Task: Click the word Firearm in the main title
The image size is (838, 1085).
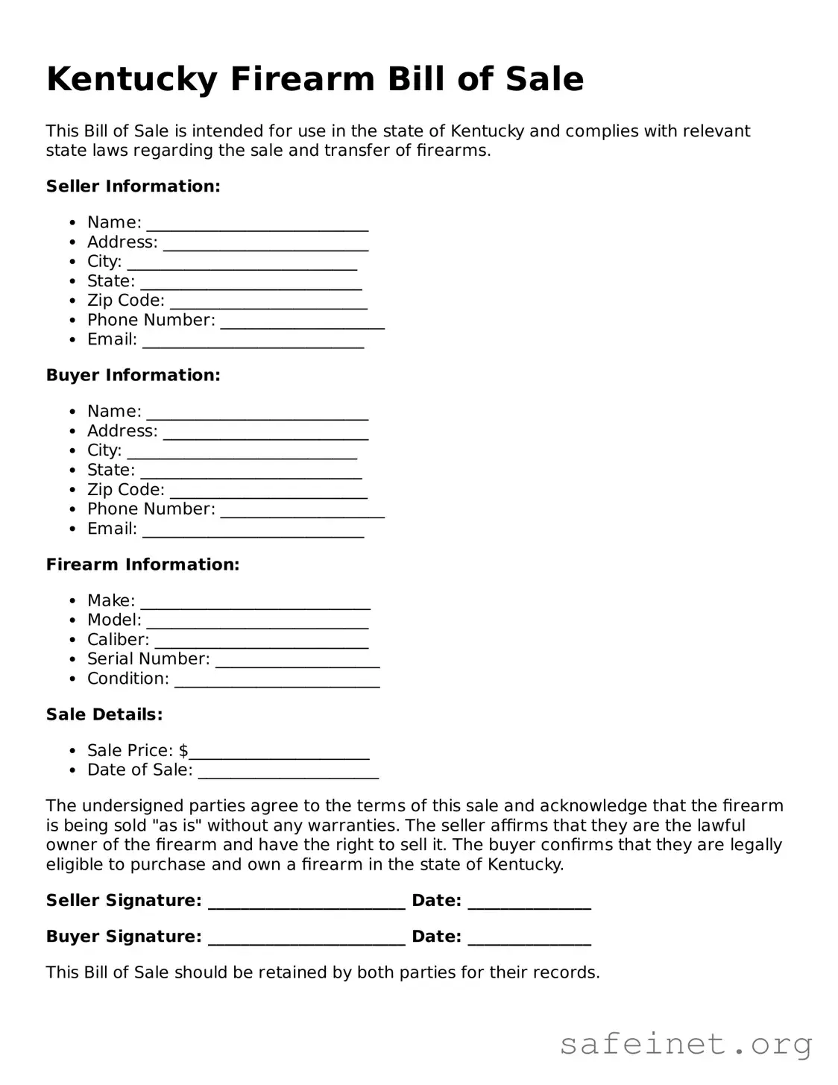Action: (x=303, y=80)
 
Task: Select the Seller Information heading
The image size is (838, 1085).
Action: (x=133, y=186)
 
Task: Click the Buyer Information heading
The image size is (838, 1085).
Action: (x=133, y=375)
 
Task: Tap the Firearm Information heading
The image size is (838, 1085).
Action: (x=142, y=564)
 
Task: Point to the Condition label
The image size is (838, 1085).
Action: (x=127, y=679)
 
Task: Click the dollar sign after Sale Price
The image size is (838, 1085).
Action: (x=183, y=750)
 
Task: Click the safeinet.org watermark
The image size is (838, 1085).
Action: (x=685, y=1044)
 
